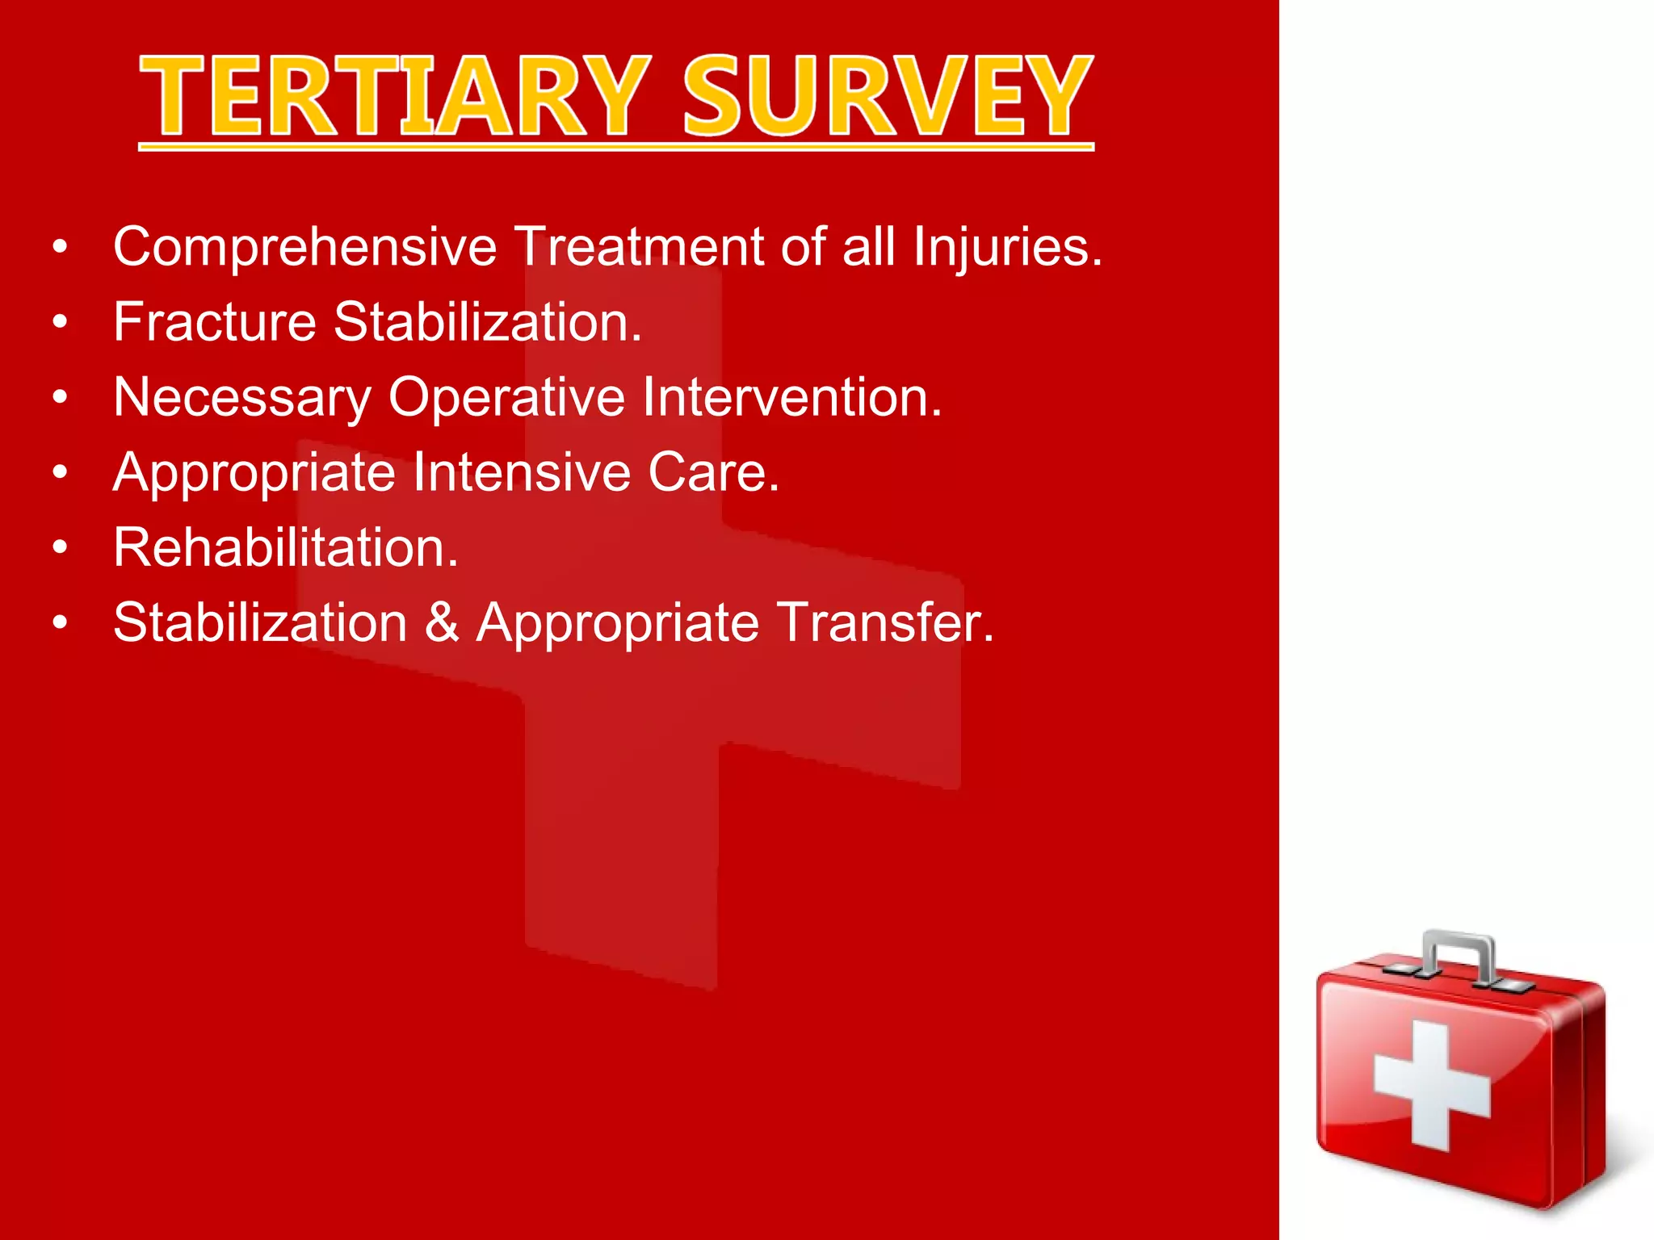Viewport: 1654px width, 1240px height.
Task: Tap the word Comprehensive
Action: click(304, 247)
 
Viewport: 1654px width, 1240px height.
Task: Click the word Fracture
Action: click(215, 322)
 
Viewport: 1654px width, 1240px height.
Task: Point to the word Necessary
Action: click(241, 398)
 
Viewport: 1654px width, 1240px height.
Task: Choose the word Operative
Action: click(506, 398)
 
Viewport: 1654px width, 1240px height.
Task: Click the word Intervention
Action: click(791, 398)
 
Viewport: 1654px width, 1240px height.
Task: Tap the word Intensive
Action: click(521, 472)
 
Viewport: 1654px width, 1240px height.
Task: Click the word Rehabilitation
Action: click(285, 547)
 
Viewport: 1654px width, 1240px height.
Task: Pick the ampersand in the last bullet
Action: click(442, 622)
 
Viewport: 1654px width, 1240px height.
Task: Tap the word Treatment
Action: click(638, 247)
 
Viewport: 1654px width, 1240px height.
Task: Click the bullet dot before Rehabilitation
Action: click(60, 548)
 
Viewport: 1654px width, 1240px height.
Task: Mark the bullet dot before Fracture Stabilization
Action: click(60, 323)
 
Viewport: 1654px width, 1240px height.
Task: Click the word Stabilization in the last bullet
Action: click(260, 622)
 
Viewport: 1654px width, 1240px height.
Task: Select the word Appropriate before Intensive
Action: click(254, 474)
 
